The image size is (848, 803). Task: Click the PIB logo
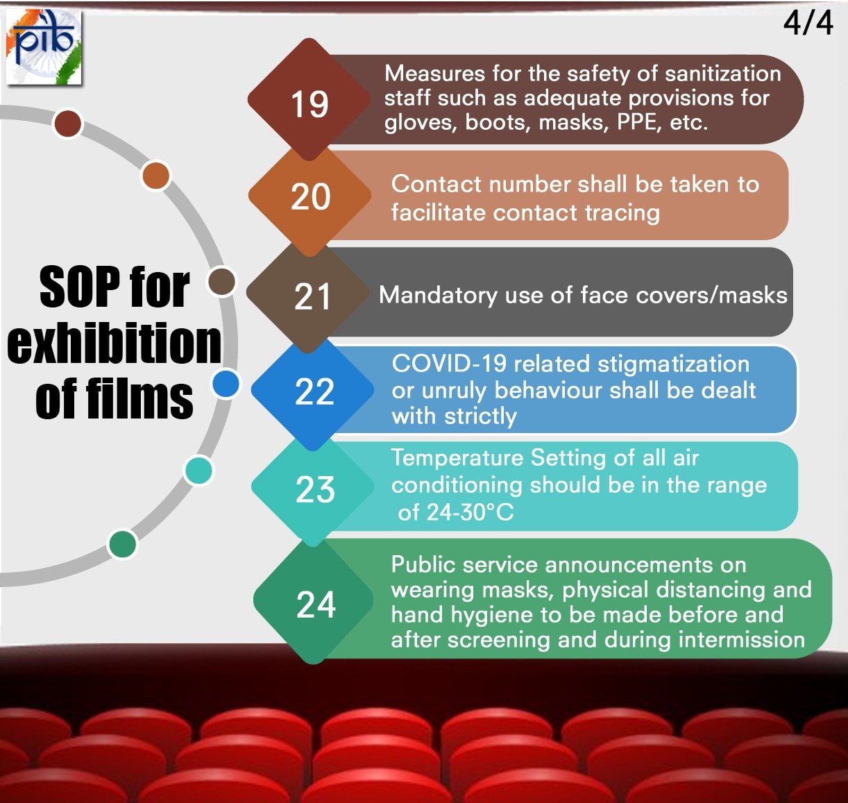[x=44, y=48]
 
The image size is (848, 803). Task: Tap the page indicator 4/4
[x=808, y=22]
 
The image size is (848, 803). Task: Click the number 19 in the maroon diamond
[x=309, y=105]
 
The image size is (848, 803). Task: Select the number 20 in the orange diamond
[x=310, y=196]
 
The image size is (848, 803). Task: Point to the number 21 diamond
[x=312, y=297]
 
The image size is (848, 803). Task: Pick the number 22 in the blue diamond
[x=314, y=391]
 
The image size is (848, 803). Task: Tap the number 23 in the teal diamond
[x=315, y=489]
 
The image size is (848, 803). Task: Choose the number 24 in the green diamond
[x=316, y=604]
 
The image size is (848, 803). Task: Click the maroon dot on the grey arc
[x=67, y=124]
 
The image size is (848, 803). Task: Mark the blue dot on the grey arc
[x=226, y=383]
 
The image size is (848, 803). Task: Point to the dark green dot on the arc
[x=123, y=543]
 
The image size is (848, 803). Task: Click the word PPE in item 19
[x=638, y=122]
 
